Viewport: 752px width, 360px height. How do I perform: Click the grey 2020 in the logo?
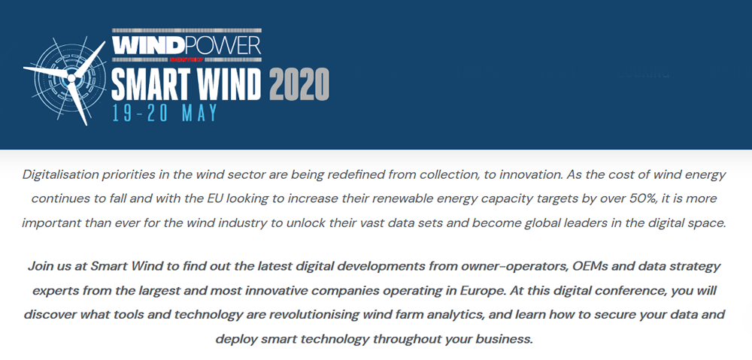(299, 84)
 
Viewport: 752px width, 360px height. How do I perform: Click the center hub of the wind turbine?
(71, 77)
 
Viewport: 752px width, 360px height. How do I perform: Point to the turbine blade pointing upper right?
(90, 59)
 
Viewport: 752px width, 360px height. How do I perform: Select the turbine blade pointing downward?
(79, 103)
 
